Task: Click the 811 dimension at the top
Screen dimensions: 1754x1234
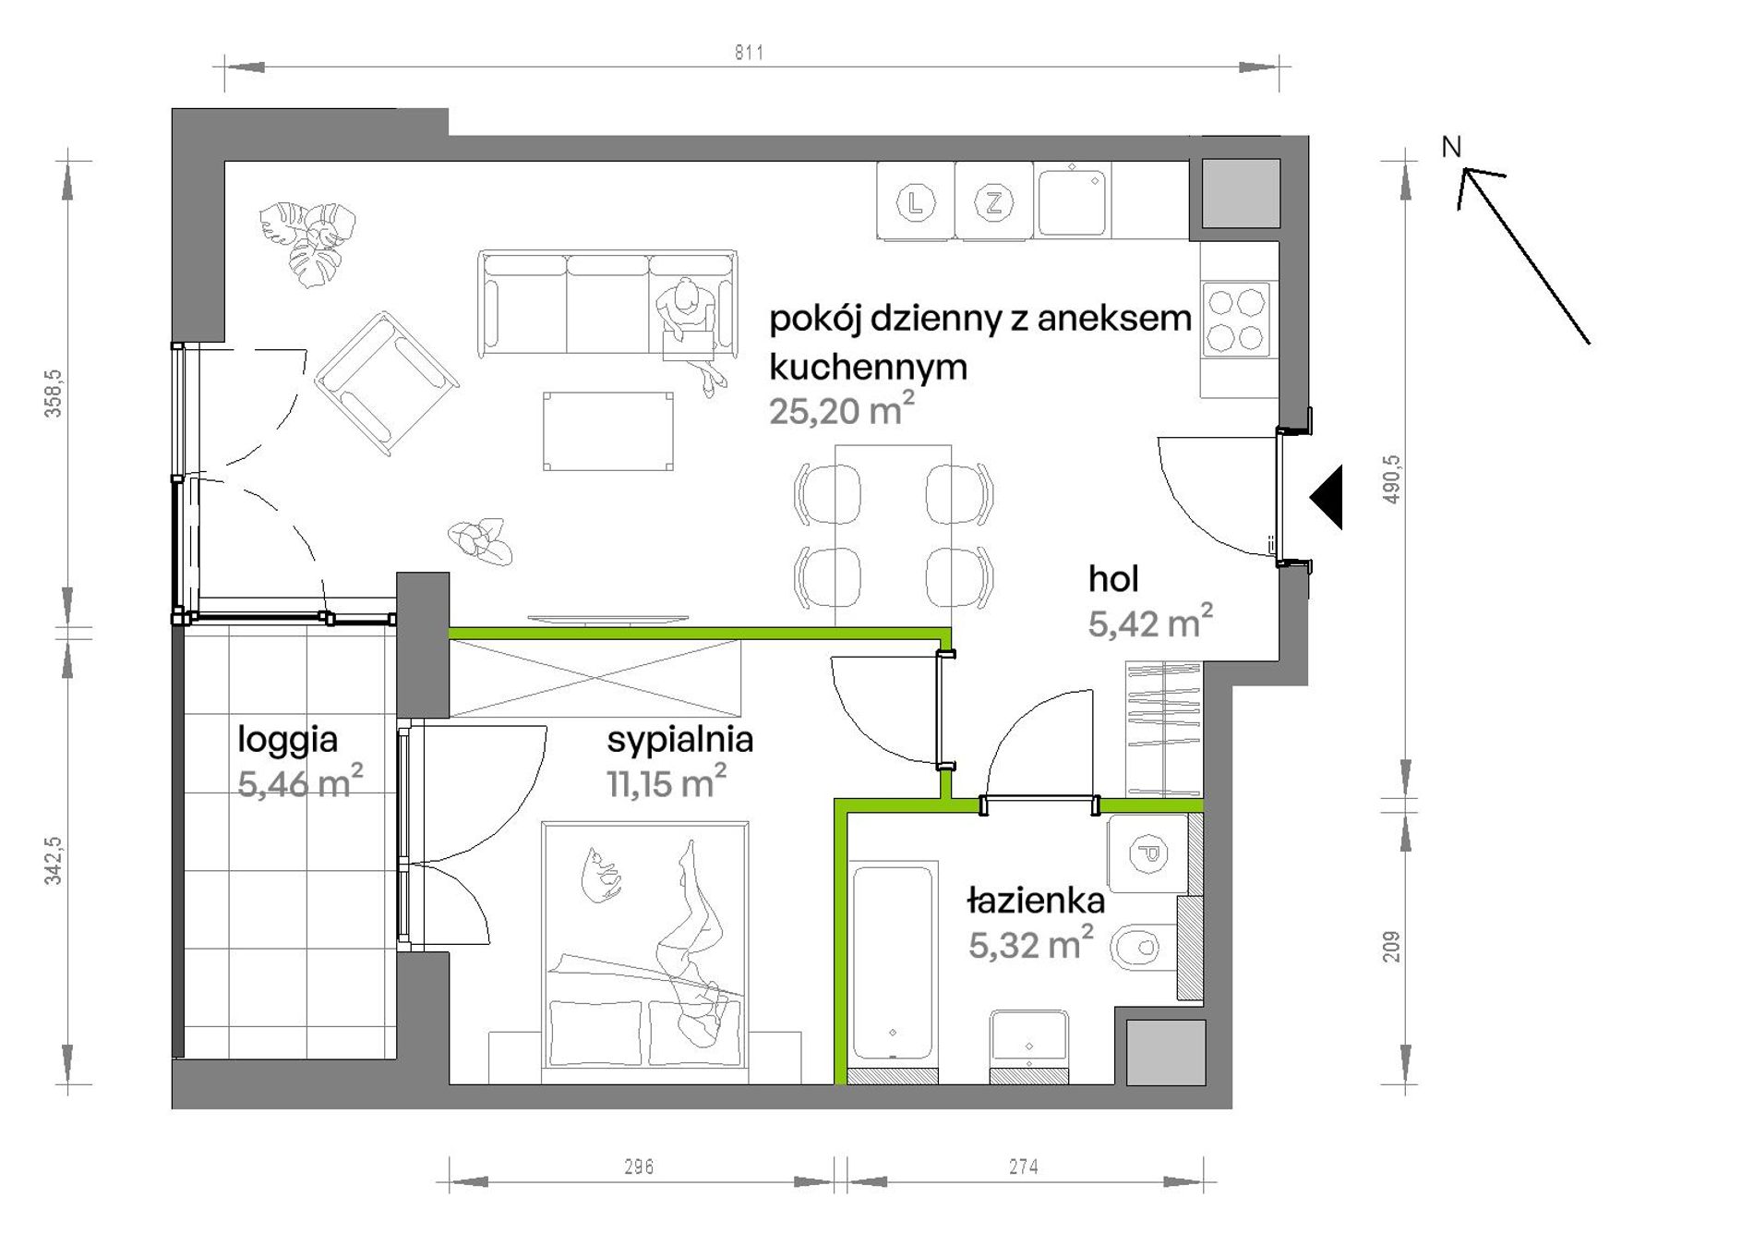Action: click(x=749, y=53)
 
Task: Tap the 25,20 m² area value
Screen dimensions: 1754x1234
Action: click(x=842, y=409)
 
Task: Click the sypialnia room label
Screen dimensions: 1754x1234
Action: click(x=679, y=741)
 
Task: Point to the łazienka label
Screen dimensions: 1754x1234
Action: click(x=1036, y=901)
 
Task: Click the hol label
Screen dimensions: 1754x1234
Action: click(x=1112, y=579)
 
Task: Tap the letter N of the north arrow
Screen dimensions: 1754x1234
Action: click(x=1451, y=147)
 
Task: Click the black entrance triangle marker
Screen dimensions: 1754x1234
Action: click(x=1327, y=497)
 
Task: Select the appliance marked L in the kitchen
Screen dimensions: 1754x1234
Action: click(x=915, y=201)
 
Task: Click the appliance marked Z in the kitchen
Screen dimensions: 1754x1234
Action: click(x=993, y=201)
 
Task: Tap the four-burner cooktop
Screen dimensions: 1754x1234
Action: click(x=1236, y=319)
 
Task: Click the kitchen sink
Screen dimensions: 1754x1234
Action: click(x=1072, y=201)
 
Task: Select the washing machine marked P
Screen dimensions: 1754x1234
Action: click(x=1148, y=854)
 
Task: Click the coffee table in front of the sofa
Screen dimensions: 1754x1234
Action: click(x=608, y=431)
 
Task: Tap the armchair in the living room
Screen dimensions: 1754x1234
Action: click(x=387, y=382)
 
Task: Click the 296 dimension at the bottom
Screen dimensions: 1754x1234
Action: click(x=639, y=1167)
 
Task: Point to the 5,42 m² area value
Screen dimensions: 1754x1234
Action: click(x=1150, y=623)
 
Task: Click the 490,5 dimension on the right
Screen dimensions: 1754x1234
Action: click(x=1392, y=479)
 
